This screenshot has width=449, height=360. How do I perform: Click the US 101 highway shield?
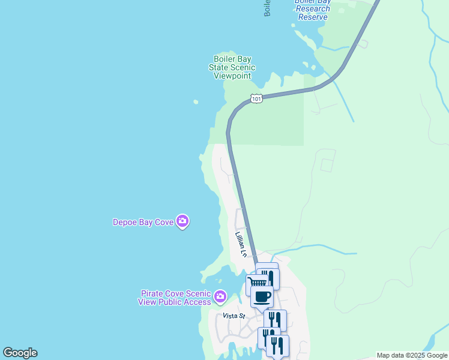pyautogui.click(x=256, y=98)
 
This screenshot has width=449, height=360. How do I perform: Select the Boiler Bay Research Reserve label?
pyautogui.click(x=312, y=9)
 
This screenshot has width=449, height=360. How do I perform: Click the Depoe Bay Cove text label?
pyautogui.click(x=143, y=222)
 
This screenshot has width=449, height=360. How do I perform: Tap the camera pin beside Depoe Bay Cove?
pyautogui.click(x=183, y=222)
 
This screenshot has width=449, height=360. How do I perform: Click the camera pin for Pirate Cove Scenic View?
pyautogui.click(x=220, y=296)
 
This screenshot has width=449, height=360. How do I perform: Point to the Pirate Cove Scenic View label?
pyautogui.click(x=175, y=298)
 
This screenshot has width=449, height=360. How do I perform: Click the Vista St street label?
pyautogui.click(x=234, y=316)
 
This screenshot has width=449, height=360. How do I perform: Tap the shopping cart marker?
pyautogui.click(x=256, y=283)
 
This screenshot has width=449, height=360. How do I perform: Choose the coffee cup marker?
pyautogui.click(x=262, y=296)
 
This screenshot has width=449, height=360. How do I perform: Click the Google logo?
pyautogui.click(x=20, y=353)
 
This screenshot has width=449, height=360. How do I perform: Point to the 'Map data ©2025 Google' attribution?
pyautogui.click(x=412, y=355)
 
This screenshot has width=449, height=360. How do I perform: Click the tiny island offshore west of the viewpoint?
pyautogui.click(x=195, y=102)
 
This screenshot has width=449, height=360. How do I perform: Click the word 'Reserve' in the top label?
pyautogui.click(x=313, y=17)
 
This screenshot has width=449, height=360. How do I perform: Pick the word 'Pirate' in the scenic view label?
pyautogui.click(x=152, y=293)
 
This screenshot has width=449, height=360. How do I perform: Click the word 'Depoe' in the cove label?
pyautogui.click(x=125, y=222)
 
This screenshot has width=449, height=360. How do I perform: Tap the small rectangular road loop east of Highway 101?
pyautogui.click(x=328, y=165)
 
